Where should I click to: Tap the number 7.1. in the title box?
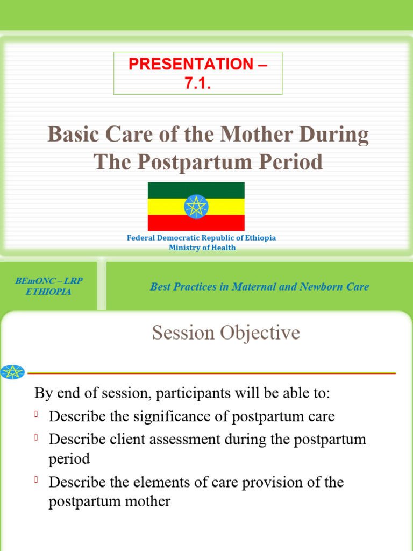pos(198,83)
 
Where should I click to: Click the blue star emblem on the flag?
pos(196,207)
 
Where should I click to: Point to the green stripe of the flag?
pos(161,190)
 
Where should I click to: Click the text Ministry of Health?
pos(202,248)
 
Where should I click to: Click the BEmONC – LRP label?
pos(48,281)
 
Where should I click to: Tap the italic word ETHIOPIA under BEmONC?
pos(48,292)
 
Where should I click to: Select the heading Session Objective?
pos(226,333)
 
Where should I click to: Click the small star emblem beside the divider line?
pos(12,372)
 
